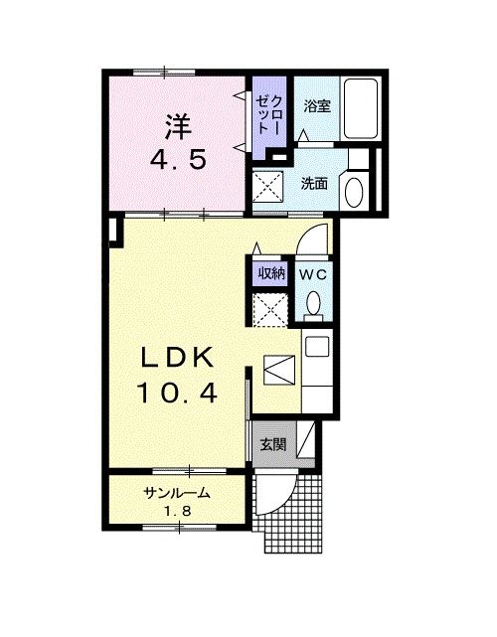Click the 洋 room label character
pos(177,126)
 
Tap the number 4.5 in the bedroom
pos(179,159)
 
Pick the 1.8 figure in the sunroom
pos(179,511)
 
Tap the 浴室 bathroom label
pos(316,105)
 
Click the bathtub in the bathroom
pos(358,110)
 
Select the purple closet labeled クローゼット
pos(268,117)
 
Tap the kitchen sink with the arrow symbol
pos(279,372)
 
